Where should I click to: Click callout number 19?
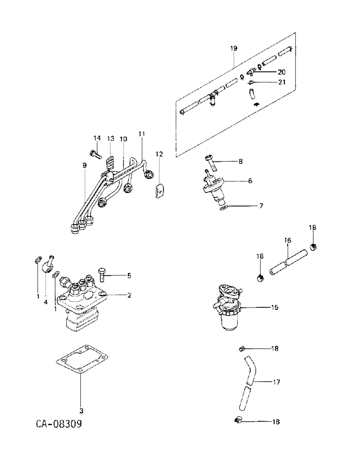pyautogui.click(x=234, y=48)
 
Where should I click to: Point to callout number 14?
pyautogui.click(x=97, y=138)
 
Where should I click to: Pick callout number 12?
pyautogui.click(x=159, y=154)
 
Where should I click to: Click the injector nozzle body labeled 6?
pyautogui.click(x=213, y=187)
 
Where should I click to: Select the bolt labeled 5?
pyautogui.click(x=103, y=275)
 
